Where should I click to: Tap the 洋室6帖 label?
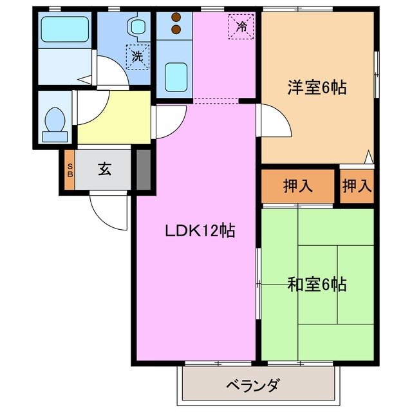coord(317,88)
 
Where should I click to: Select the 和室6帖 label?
coord(317,284)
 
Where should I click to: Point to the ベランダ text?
coord(252,386)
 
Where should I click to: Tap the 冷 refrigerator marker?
coord(241,26)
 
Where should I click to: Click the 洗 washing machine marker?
coord(137,56)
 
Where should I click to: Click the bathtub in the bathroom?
coord(64,29)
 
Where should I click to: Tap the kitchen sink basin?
coord(175,77)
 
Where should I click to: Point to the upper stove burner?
coord(175,18)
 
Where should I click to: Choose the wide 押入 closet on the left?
coord(298,186)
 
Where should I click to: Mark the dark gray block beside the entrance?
coord(144,169)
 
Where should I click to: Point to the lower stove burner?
coord(175,29)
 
